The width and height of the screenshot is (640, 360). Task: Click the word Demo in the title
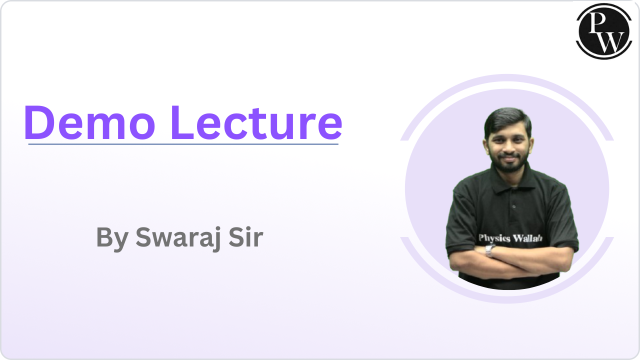[89, 123]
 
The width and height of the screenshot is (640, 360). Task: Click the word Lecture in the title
[256, 123]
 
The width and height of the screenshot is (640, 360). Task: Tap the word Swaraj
[178, 237]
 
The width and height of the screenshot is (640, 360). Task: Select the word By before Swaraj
[112, 239]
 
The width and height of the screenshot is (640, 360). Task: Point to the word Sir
[246, 237]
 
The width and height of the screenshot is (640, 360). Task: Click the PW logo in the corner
[604, 31]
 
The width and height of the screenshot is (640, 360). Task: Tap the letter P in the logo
[597, 23]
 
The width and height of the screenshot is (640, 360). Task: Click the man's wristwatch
[489, 250]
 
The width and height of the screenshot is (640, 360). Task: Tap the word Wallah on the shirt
[527, 238]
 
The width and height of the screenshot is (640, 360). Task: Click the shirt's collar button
[514, 206]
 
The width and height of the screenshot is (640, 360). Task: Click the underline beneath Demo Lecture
[183, 144]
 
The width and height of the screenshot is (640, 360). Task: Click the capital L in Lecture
[182, 123]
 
